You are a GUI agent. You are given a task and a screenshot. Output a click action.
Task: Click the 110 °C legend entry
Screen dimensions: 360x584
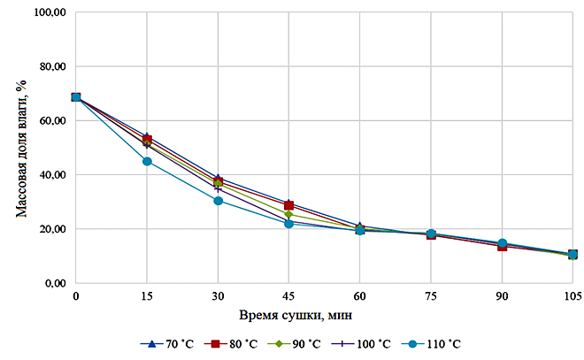442,343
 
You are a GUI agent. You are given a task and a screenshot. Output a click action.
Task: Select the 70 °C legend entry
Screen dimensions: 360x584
163,343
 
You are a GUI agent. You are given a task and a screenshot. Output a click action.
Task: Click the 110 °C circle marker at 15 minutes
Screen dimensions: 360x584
147,161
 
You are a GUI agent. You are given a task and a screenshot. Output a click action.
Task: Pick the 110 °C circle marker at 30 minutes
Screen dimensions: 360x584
218,201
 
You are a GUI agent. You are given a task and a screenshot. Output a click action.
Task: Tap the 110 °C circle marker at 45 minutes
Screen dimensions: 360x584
288,224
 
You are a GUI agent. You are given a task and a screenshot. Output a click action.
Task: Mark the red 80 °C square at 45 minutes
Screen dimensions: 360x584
288,205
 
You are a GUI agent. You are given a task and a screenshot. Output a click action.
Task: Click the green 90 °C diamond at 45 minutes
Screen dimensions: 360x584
288,214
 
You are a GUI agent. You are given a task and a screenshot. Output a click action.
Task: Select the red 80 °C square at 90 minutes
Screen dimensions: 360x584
502,246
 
